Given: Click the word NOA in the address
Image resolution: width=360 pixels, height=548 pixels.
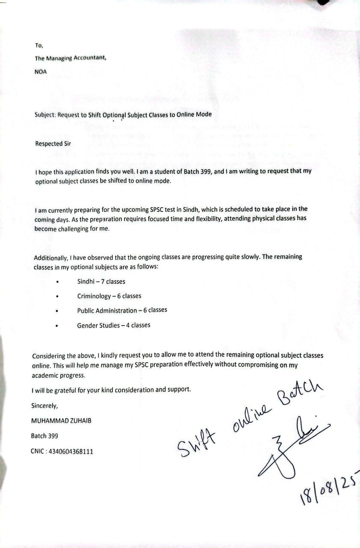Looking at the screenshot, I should [41, 72].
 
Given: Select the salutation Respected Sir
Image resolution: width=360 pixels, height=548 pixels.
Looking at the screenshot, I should [53, 144].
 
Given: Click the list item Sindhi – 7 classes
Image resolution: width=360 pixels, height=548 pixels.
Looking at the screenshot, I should [101, 281].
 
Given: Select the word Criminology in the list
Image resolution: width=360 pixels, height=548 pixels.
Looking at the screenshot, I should [94, 296].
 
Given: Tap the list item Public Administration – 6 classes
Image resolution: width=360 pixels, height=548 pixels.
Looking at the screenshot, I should [122, 310].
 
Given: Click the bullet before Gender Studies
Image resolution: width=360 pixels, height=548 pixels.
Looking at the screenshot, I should [57, 326].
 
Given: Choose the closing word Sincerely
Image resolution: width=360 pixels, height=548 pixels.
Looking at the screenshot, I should [45, 405].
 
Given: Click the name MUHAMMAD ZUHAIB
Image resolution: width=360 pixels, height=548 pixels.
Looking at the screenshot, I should [61, 421].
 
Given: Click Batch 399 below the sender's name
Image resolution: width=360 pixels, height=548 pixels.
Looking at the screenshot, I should [45, 436].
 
